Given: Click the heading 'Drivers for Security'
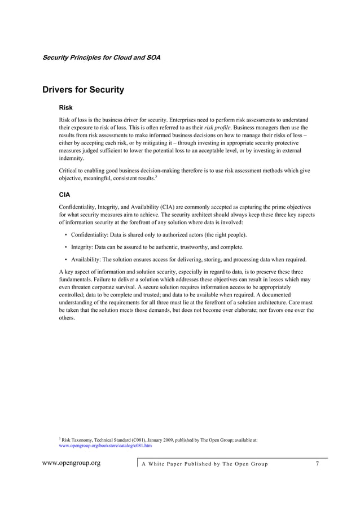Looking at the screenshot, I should (x=83, y=90).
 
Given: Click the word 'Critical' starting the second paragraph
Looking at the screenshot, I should (x=68, y=171).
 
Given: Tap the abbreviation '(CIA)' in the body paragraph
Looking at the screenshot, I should (x=161, y=207).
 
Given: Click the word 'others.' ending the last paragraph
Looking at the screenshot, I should (x=67, y=318).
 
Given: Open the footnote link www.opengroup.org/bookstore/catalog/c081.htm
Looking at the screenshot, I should (x=106, y=446).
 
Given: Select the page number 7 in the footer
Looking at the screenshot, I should (x=318, y=464).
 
